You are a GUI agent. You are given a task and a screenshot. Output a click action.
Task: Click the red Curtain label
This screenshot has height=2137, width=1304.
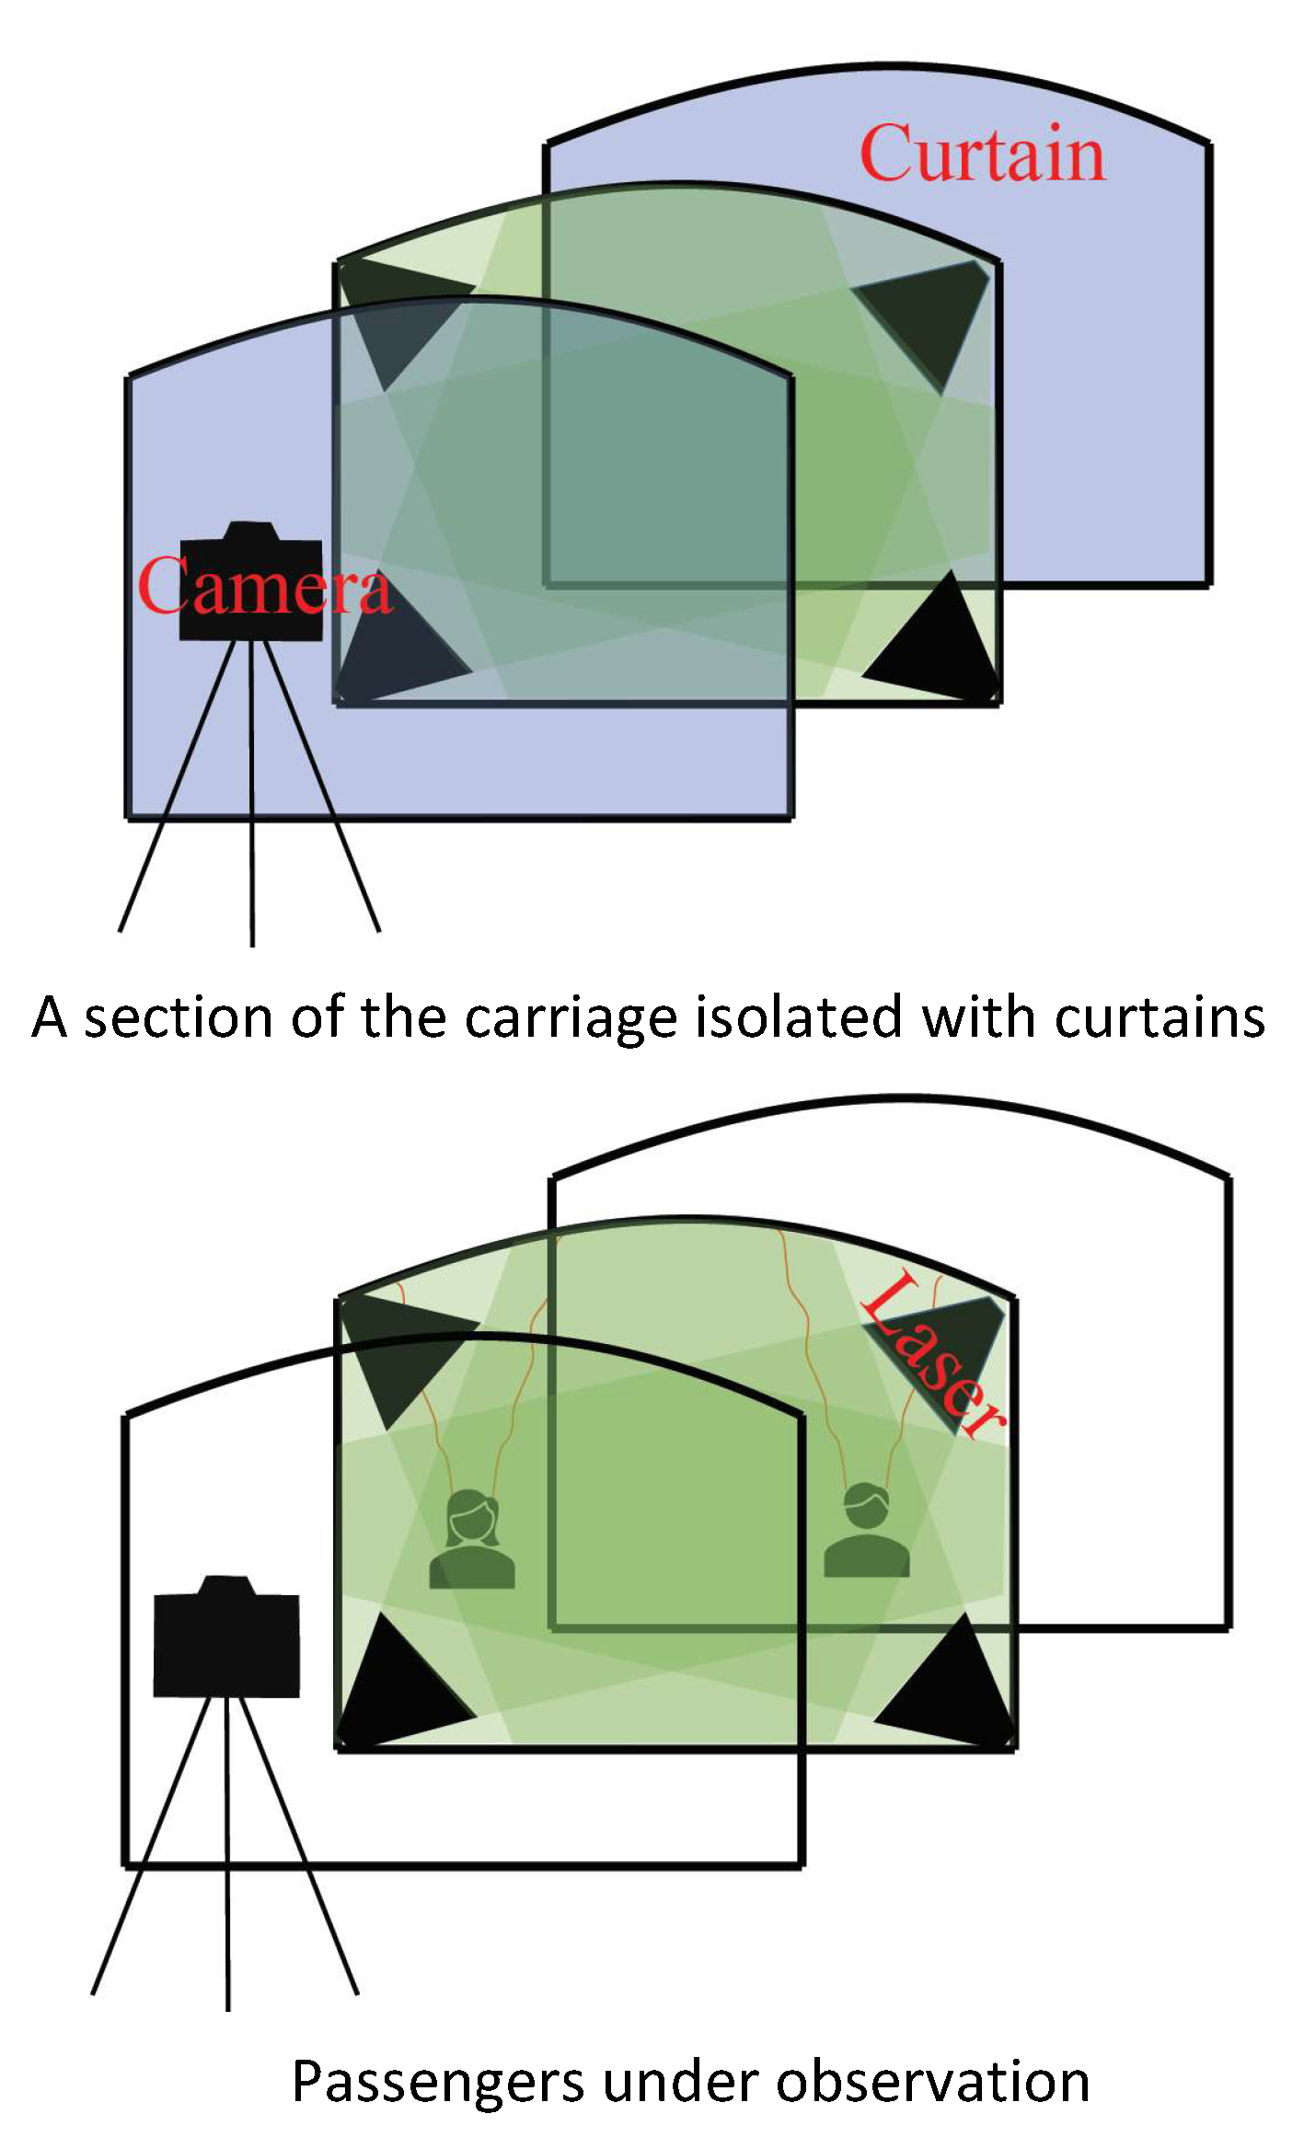(x=982, y=154)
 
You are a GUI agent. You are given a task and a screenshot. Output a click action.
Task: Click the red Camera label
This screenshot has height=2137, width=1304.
(x=265, y=586)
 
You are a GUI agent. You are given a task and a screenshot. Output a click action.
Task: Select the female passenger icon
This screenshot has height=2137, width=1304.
(x=472, y=1539)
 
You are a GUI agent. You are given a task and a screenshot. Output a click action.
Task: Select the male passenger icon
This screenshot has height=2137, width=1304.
(x=867, y=1530)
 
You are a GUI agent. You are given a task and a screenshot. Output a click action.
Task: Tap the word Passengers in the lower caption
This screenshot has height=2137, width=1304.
(x=438, y=2083)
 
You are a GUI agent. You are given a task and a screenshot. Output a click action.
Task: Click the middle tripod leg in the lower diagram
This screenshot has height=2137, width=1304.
(x=227, y=1854)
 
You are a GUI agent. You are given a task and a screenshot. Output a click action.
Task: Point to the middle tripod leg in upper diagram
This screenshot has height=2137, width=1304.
(x=252, y=793)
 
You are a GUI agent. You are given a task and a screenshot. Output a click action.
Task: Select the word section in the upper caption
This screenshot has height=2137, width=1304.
(x=179, y=1018)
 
